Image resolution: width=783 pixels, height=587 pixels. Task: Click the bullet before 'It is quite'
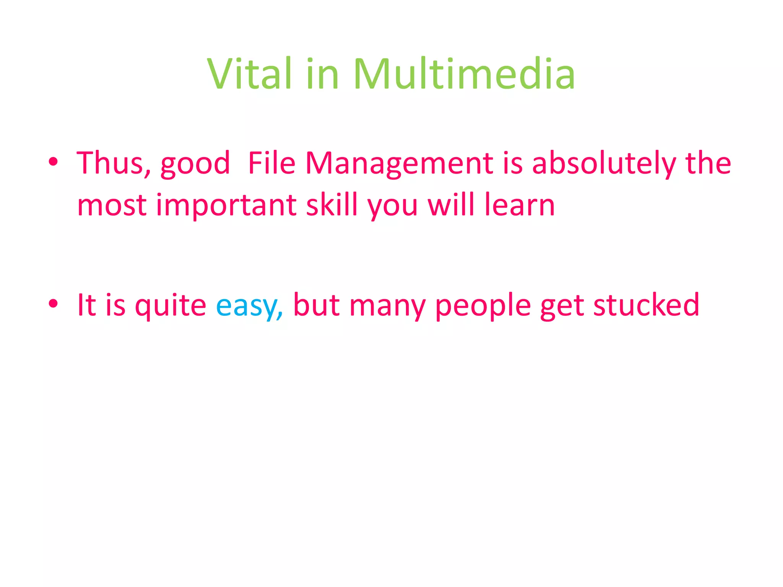pos(53,304)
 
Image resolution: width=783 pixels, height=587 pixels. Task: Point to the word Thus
pos(113,163)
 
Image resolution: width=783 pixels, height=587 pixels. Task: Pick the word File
pos(271,163)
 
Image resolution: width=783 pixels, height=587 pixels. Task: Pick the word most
pos(112,206)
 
